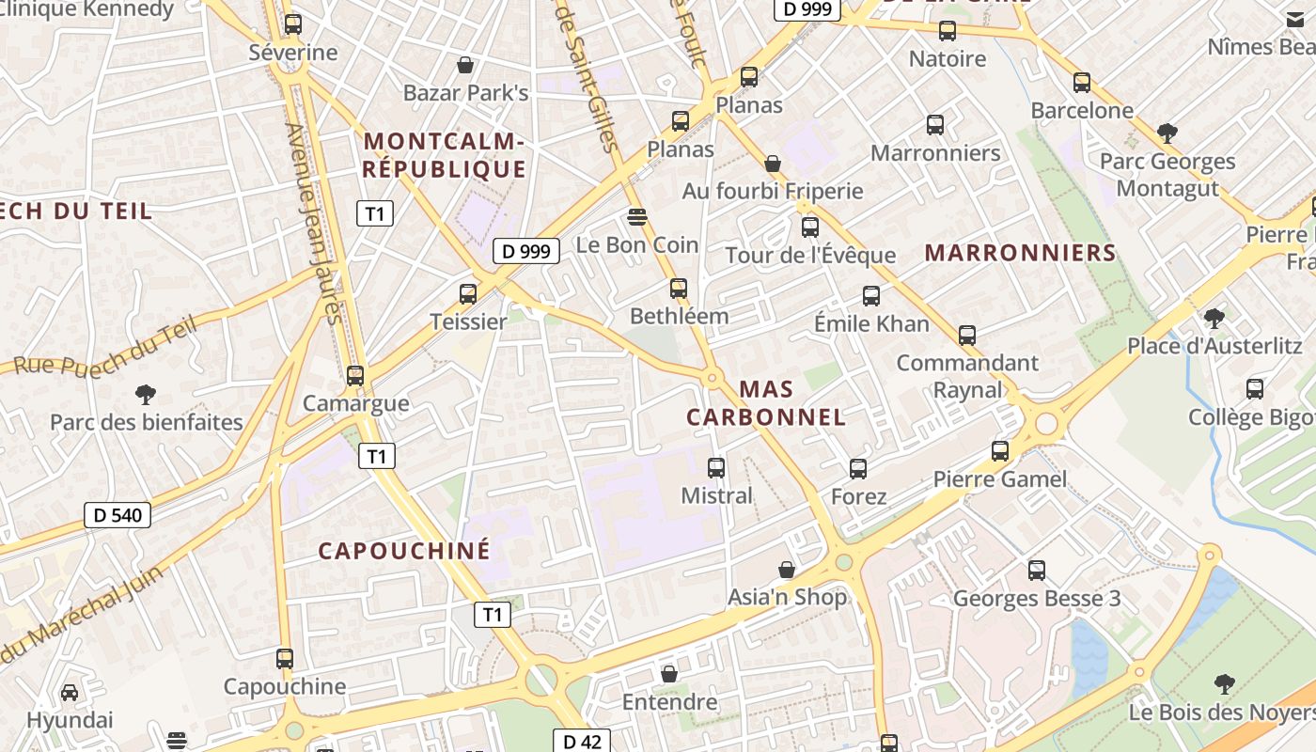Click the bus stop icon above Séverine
[x=293, y=24]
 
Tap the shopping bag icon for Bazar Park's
[x=464, y=65]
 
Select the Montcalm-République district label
[x=444, y=155]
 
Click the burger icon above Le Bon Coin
[x=637, y=217]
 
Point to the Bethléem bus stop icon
[x=679, y=289]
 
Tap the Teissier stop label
[x=468, y=321]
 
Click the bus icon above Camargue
[x=355, y=376]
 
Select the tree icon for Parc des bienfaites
[x=146, y=395]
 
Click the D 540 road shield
[x=117, y=514]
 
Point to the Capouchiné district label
[x=404, y=551]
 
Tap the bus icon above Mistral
[x=716, y=467]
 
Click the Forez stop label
[x=858, y=495]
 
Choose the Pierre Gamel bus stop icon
[x=1000, y=451]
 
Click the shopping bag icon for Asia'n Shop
[x=787, y=570]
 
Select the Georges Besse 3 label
[x=1037, y=599]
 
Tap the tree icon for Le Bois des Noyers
[x=1224, y=683]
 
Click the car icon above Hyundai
[x=70, y=693]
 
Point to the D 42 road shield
[x=582, y=741]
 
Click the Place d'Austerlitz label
[x=1214, y=346]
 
